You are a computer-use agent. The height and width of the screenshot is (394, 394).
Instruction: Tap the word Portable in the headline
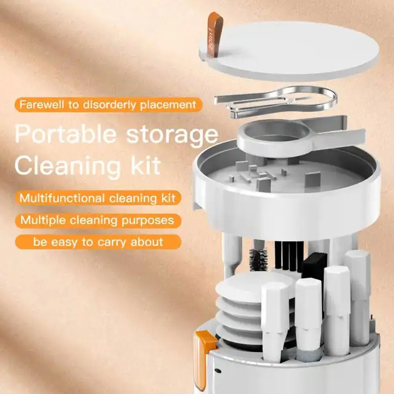pos(65,135)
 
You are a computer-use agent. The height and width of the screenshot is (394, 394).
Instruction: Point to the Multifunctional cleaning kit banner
pos(98,197)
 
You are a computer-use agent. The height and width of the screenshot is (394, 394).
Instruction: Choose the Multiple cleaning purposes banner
pos(98,220)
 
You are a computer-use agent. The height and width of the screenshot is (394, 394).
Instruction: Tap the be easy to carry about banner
pos(98,242)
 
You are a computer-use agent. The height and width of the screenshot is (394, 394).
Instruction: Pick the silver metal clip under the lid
pos(276,102)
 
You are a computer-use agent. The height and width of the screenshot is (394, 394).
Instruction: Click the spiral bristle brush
pos(258,260)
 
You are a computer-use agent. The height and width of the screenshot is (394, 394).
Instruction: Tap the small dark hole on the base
pos(218,370)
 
